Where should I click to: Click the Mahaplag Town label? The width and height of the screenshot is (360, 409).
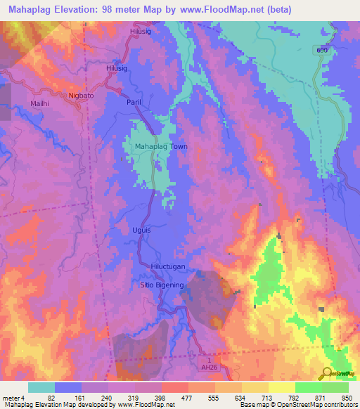[155, 147]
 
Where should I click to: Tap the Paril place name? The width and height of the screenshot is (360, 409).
[134, 103]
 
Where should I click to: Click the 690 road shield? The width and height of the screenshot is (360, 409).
[322, 51]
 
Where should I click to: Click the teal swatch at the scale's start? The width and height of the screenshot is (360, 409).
[41, 388]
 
